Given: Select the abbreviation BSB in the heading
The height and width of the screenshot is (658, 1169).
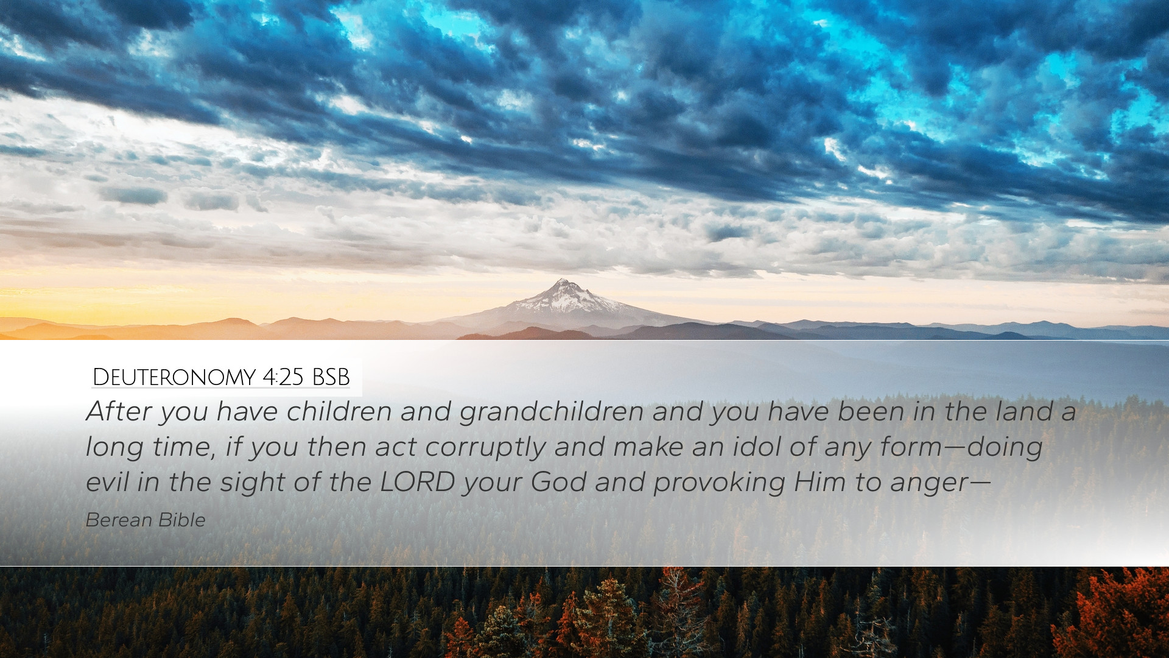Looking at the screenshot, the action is coord(331,378).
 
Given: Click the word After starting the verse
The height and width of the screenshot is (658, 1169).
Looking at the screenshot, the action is coord(119,412).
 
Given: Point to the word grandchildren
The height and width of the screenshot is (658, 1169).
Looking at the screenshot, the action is coord(552,412).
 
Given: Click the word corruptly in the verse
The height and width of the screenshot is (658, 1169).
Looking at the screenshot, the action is coord(485,448).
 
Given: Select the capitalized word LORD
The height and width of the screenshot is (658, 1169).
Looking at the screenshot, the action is coord(418,483).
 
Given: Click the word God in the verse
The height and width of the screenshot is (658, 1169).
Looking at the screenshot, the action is coord(558,483).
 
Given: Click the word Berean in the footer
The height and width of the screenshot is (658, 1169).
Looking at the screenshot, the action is coord(119,520).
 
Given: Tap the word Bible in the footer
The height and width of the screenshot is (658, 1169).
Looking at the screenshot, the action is coord(183,520).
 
